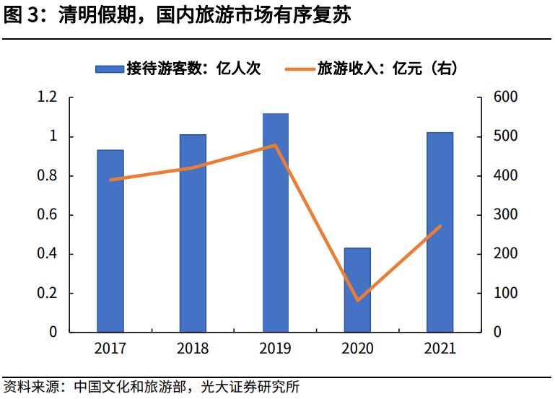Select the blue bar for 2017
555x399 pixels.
(x=110, y=241)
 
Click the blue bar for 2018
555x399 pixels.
(x=193, y=233)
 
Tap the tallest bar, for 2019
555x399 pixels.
(x=275, y=223)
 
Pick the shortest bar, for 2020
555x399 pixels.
(x=357, y=290)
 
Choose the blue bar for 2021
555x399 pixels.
(x=440, y=232)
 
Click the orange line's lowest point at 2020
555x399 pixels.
(x=357, y=300)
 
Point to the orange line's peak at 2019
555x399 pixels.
(x=275, y=145)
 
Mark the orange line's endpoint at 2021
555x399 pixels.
(x=440, y=227)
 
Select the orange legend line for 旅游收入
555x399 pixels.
(x=298, y=69)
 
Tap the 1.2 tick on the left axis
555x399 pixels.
(x=48, y=97)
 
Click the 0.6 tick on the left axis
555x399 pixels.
(x=48, y=215)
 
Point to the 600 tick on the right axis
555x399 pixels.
(x=503, y=97)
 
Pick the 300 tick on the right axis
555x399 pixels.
(x=503, y=215)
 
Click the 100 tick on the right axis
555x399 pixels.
(x=503, y=294)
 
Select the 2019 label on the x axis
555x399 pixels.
(x=275, y=348)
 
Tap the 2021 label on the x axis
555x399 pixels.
(x=440, y=348)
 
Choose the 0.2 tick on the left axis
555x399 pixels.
(x=48, y=294)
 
